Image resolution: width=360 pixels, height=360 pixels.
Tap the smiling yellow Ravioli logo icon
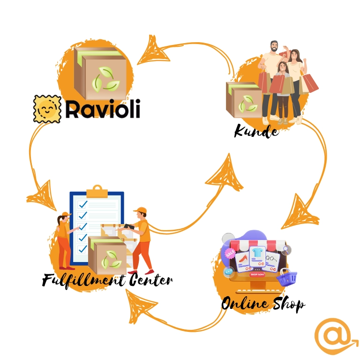coord(47,109)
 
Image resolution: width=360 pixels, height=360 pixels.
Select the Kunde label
coord(256,131)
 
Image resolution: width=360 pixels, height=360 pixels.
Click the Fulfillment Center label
coord(107,280)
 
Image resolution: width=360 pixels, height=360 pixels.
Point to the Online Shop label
coord(263,304)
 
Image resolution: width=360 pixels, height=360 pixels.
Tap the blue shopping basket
coord(286,277)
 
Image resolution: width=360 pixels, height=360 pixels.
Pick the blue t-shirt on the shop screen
coord(257,253)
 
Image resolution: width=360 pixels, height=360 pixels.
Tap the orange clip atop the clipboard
coord(97,191)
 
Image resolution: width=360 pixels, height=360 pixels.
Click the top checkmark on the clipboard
coord(83,204)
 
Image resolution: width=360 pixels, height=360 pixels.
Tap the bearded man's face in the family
coord(275,48)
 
